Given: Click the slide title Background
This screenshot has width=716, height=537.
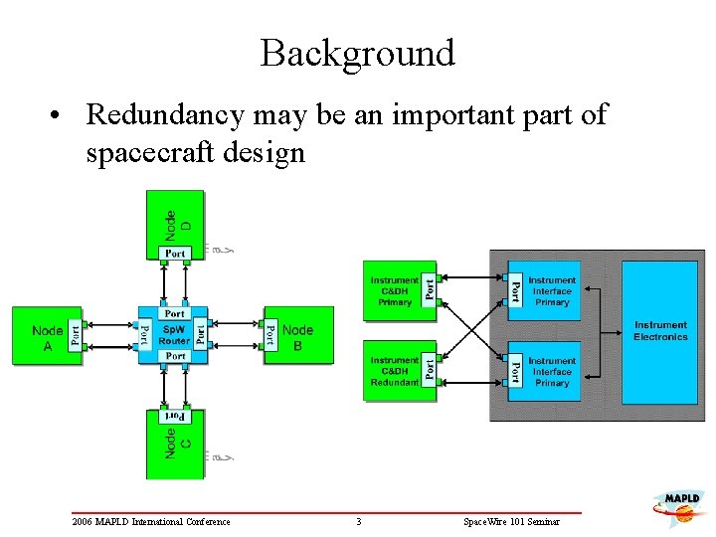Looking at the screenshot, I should click(x=357, y=53).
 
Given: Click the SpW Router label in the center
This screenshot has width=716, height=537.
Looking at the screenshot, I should click(x=174, y=334).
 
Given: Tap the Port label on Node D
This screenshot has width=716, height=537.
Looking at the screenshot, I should click(x=174, y=254).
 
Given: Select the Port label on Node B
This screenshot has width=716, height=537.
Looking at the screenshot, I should click(x=269, y=334).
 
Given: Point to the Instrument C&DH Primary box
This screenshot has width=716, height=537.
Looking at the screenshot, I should click(x=394, y=291).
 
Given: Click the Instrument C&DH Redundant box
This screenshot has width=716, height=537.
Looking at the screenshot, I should click(x=394, y=371).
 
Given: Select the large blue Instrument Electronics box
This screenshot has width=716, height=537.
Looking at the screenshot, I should click(x=661, y=331).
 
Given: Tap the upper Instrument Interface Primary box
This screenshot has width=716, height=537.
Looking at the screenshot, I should click(x=550, y=291).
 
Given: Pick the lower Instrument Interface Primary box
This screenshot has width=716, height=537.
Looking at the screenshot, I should click(x=550, y=371).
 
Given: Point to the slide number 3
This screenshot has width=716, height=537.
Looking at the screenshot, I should click(x=358, y=522).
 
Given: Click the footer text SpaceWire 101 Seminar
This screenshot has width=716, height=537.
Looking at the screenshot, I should click(x=512, y=522).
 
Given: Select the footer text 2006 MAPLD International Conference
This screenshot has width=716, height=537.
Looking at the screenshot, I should click(x=151, y=522).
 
